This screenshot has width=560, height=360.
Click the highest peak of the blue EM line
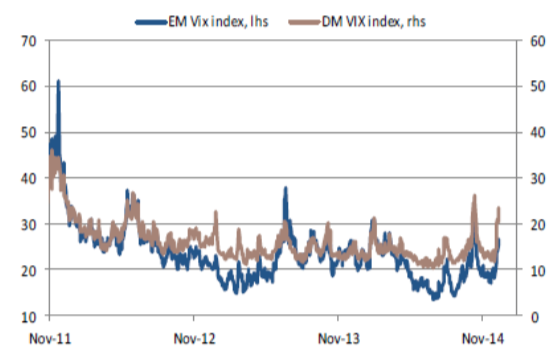59,82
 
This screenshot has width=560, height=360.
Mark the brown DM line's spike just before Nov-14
475,196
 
